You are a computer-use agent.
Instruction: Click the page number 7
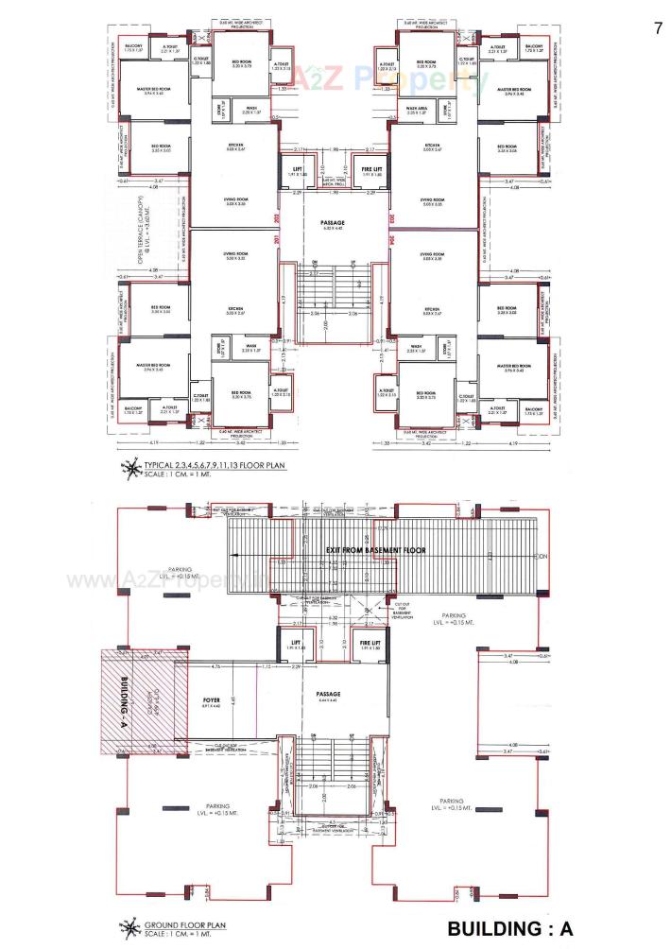[x=658, y=27]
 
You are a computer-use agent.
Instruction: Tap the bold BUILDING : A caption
[x=510, y=928]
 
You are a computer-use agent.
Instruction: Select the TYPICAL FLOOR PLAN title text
[x=216, y=465]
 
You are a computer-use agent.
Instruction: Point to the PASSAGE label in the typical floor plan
[x=335, y=222]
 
